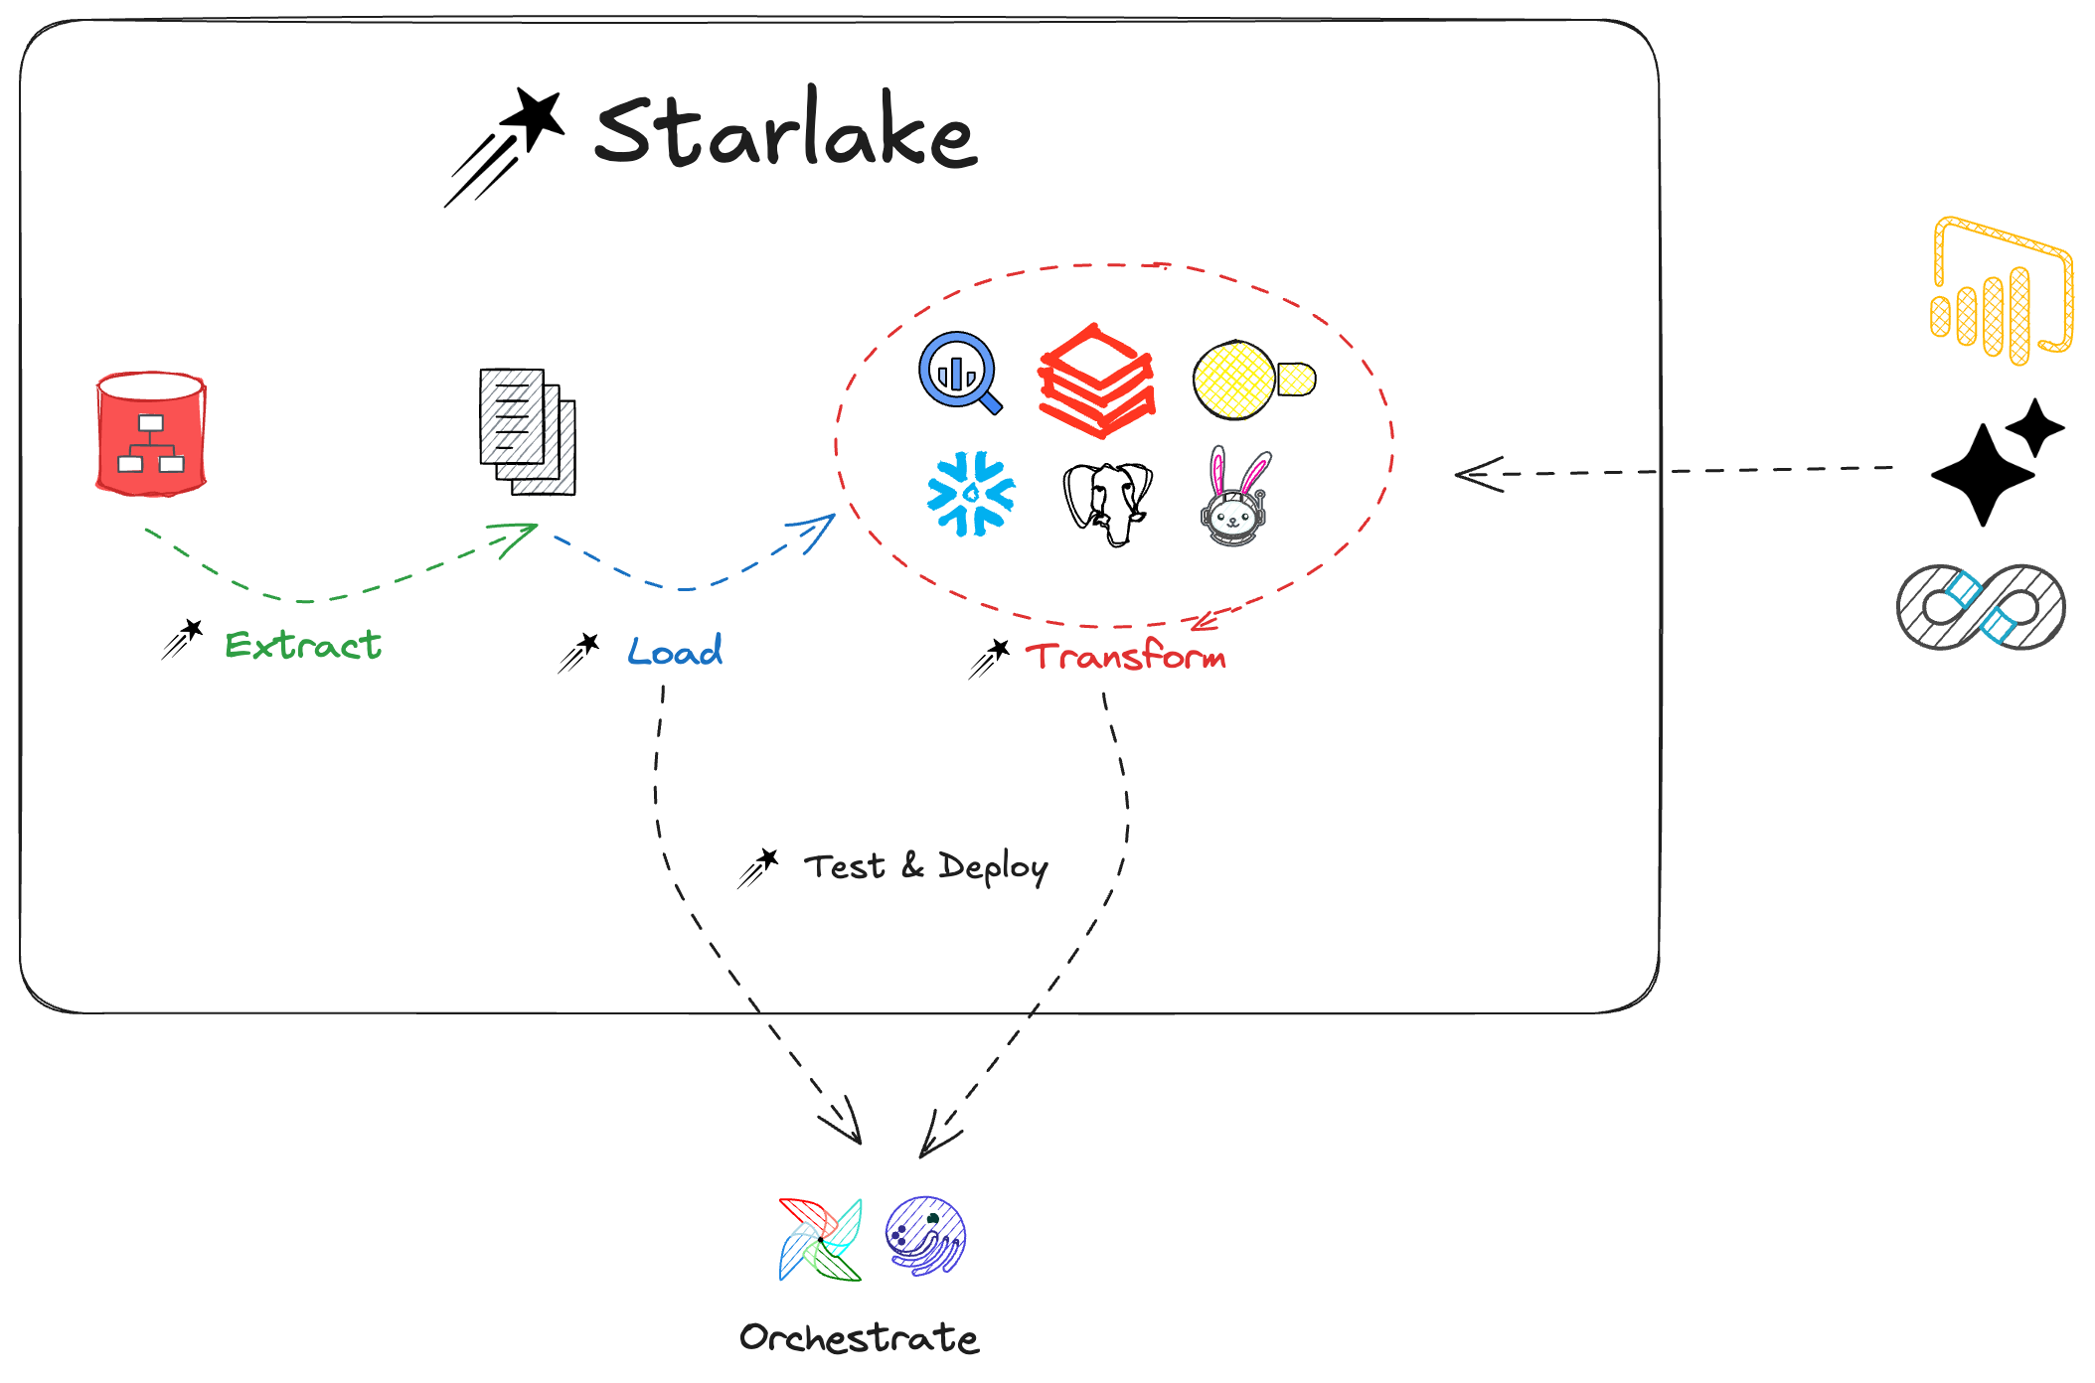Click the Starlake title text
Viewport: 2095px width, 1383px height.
(785, 131)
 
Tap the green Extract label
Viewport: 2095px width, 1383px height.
(303, 645)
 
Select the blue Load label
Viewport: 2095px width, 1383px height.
(675, 652)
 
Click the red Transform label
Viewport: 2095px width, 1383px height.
(1126, 657)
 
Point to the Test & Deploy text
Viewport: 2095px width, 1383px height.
(925, 866)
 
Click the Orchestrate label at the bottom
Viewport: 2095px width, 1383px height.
(859, 1337)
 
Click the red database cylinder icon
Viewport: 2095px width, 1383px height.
(151, 433)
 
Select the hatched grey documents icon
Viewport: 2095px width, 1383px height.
(528, 432)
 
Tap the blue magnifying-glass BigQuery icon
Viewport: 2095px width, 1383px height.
(959, 372)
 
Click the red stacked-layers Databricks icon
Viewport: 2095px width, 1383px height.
(1096, 381)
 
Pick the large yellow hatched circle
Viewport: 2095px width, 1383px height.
(1233, 380)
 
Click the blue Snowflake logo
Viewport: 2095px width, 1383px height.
(971, 494)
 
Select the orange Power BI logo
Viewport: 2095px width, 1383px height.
(2001, 290)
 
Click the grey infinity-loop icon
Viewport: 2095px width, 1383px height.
(1981, 606)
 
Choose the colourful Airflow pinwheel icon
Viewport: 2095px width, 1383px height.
(821, 1239)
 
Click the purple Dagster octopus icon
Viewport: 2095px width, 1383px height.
(925, 1236)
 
